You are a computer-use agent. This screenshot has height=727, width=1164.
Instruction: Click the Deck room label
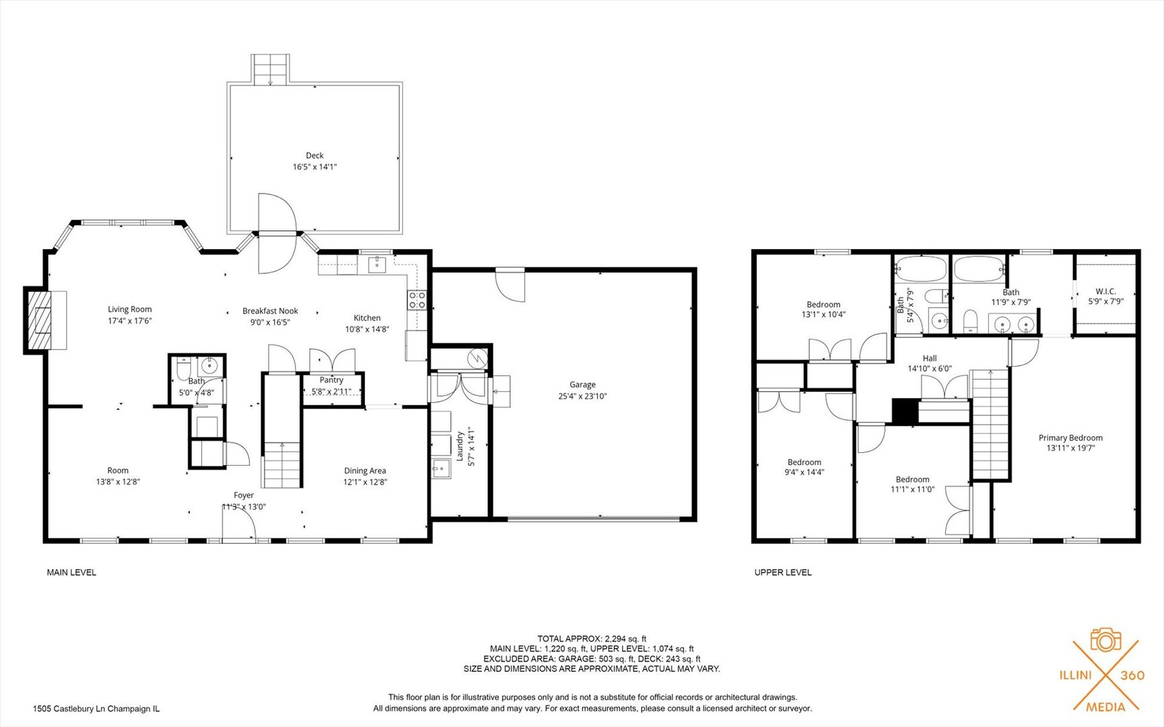click(x=314, y=155)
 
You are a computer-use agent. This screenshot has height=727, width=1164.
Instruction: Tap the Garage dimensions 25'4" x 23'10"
click(x=582, y=396)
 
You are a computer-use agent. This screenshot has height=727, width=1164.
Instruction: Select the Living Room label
click(x=130, y=310)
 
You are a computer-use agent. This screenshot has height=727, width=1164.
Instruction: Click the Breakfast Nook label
click(x=270, y=311)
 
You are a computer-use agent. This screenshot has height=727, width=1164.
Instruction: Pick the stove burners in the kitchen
click(x=417, y=300)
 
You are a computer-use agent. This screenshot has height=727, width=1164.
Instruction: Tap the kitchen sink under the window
click(x=377, y=264)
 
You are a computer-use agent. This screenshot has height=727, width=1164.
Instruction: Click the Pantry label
click(x=331, y=380)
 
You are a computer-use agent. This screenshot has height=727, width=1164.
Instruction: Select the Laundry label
click(x=460, y=446)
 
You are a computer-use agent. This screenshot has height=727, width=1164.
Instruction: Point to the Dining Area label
click(x=365, y=471)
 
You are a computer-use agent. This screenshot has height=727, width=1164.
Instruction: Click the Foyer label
click(x=244, y=495)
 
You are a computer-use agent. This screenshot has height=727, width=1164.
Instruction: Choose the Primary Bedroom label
click(x=1070, y=438)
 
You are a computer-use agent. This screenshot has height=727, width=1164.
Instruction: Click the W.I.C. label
click(x=1105, y=291)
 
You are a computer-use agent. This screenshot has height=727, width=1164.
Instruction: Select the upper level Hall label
click(x=930, y=359)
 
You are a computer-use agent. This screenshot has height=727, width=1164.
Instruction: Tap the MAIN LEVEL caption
click(x=71, y=573)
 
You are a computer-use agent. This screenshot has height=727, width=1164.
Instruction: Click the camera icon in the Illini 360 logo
click(x=1105, y=640)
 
